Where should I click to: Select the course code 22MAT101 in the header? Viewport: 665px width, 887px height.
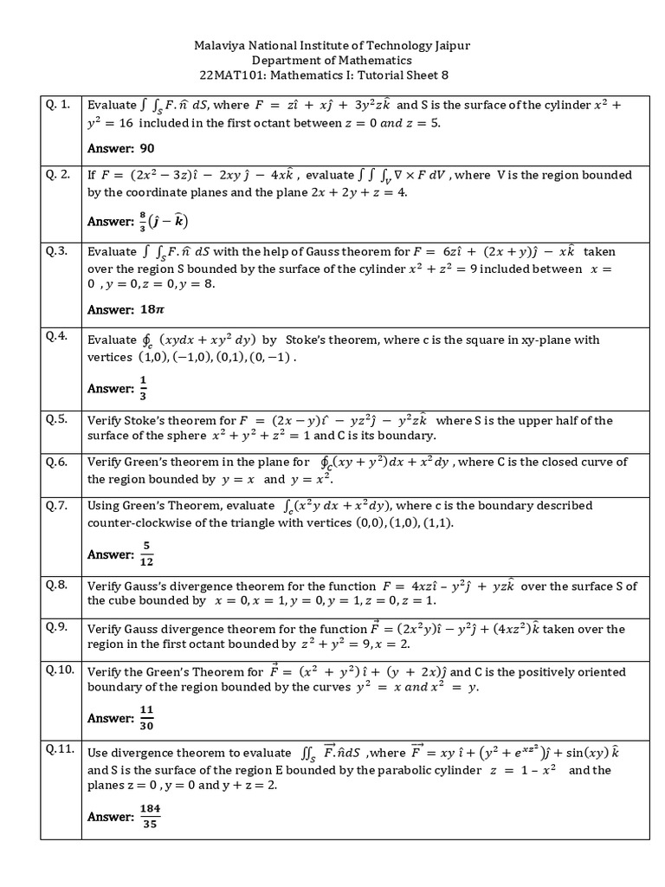click(x=228, y=76)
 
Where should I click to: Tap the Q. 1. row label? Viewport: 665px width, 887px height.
click(x=57, y=105)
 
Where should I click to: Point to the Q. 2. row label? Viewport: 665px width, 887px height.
click(x=57, y=175)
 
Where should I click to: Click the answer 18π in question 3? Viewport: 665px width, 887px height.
click(x=152, y=309)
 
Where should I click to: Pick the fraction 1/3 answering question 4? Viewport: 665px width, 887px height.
click(x=143, y=388)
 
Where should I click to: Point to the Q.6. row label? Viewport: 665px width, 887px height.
click(x=57, y=463)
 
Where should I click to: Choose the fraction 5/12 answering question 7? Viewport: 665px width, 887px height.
click(x=146, y=554)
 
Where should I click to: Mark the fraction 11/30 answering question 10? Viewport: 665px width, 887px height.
click(x=146, y=718)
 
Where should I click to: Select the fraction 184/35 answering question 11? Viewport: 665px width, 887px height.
click(x=150, y=816)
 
